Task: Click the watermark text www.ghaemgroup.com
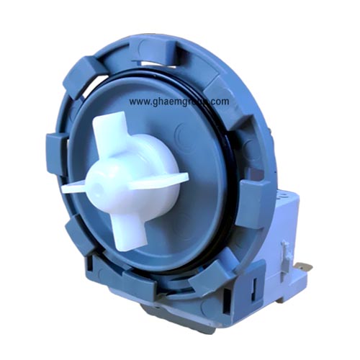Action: (179, 102)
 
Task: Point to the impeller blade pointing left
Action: (74, 188)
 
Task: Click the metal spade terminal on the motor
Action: (305, 267)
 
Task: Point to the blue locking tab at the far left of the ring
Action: (54, 153)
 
